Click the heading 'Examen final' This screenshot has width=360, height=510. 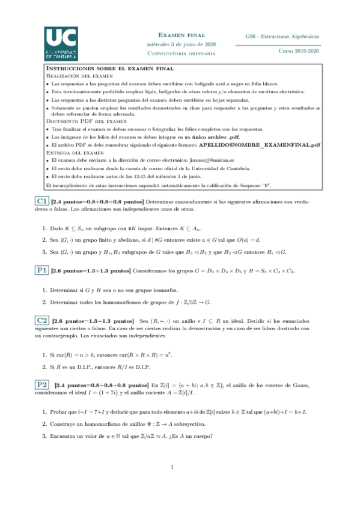pos(182,36)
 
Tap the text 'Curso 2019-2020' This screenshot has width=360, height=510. pos(299,52)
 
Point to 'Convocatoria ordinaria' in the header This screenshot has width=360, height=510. pos(182,53)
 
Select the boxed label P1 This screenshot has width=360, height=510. pos(41,271)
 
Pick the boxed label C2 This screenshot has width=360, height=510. pos(41,321)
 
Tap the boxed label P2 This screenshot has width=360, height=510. pos(41,384)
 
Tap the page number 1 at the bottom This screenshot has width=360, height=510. pos(171,467)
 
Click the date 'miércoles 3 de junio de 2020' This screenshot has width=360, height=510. pos(182,45)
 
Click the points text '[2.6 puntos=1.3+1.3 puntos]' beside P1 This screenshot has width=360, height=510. pos(91,271)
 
